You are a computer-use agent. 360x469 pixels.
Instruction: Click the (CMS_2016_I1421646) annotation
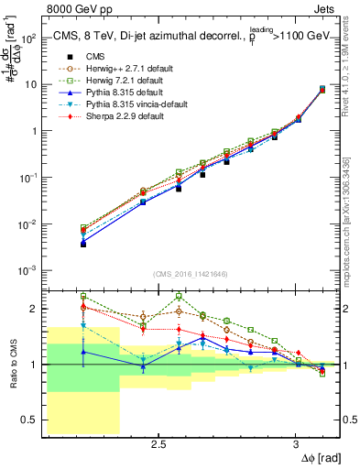coord(191,274)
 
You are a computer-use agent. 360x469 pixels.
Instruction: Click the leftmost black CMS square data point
coord(83,245)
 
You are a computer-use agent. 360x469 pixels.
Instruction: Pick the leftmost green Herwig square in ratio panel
coord(83,296)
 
